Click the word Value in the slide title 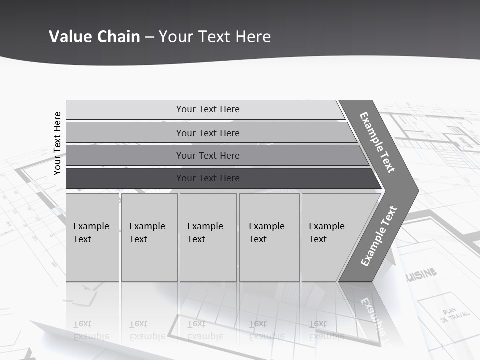tap(69, 36)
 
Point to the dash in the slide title tap(149, 37)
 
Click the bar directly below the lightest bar tap(207, 133)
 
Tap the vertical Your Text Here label tap(57, 143)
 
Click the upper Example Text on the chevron tap(377, 142)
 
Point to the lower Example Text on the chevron tap(379, 236)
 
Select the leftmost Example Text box tap(92, 237)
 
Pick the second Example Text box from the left tap(149, 237)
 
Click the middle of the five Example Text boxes tap(208, 237)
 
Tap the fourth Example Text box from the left tap(269, 237)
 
